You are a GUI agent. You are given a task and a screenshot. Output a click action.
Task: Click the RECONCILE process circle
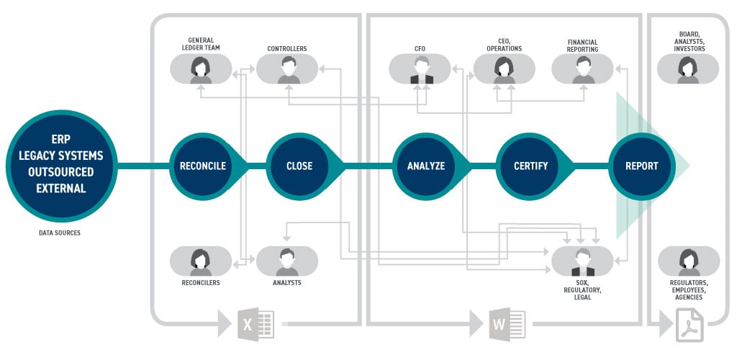[x=202, y=166]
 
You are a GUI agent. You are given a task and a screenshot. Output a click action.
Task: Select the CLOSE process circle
[x=299, y=166]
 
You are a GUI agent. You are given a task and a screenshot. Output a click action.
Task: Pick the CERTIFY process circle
[x=531, y=166]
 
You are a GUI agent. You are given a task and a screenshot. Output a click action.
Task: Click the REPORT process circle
[x=641, y=166]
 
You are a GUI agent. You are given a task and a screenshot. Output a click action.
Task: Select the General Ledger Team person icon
[x=201, y=70]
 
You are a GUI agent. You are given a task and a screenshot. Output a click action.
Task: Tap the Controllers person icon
[x=287, y=70]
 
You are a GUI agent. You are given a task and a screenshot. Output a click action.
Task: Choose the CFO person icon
[x=420, y=70]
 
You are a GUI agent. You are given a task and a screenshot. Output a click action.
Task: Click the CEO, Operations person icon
[x=504, y=70]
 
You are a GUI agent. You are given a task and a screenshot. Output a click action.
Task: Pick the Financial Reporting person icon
[x=582, y=70]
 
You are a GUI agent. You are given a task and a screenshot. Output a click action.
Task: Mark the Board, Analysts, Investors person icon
[x=688, y=70]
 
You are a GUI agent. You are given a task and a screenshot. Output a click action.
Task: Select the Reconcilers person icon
[x=201, y=261]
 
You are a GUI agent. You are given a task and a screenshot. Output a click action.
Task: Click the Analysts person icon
[x=287, y=261]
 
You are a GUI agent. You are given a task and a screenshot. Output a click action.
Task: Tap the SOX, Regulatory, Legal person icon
[x=582, y=261]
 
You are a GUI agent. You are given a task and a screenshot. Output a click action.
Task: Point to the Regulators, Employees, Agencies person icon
[x=688, y=261]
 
